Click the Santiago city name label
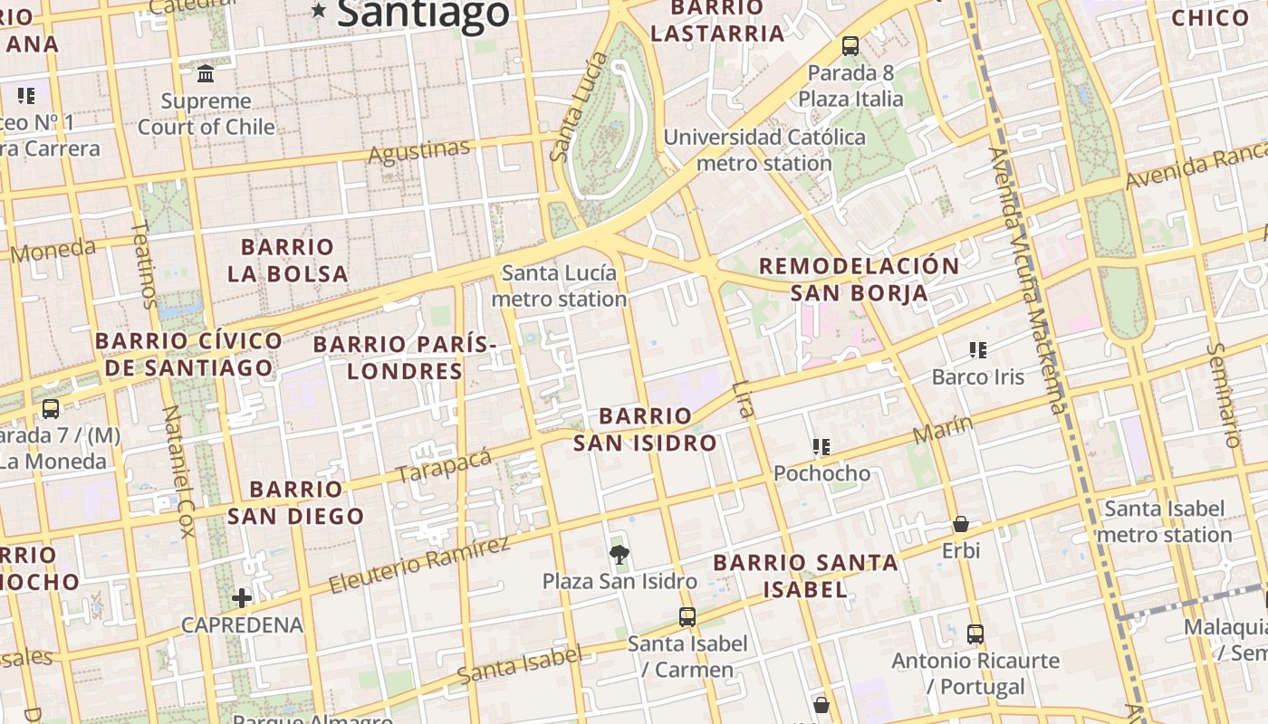click(423, 13)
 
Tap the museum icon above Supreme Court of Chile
click(206, 73)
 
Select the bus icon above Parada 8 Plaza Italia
click(850, 46)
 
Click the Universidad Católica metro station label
click(764, 150)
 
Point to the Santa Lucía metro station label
click(559, 286)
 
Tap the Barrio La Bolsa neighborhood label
click(288, 260)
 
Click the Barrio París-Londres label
click(405, 357)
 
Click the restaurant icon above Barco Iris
click(977, 349)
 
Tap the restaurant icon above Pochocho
click(821, 446)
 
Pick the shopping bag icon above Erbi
click(960, 524)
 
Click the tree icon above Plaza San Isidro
click(620, 554)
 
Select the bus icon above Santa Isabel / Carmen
click(687, 617)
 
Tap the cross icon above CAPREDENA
click(242, 597)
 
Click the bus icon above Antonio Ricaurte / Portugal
click(975, 634)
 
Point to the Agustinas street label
click(418, 151)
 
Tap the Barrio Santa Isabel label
click(805, 576)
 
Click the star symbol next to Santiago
click(319, 11)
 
